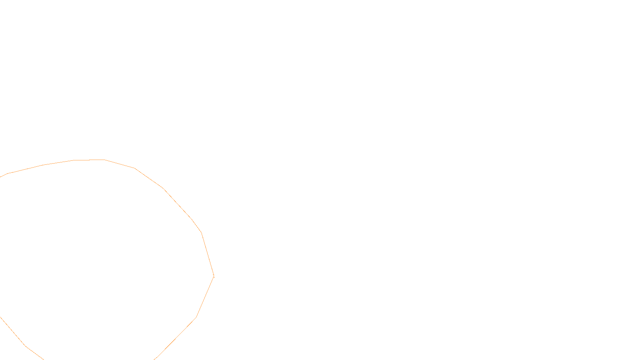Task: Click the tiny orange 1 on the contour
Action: point(214,276)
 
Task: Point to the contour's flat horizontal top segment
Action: point(89,160)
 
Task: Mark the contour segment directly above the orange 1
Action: point(208,254)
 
